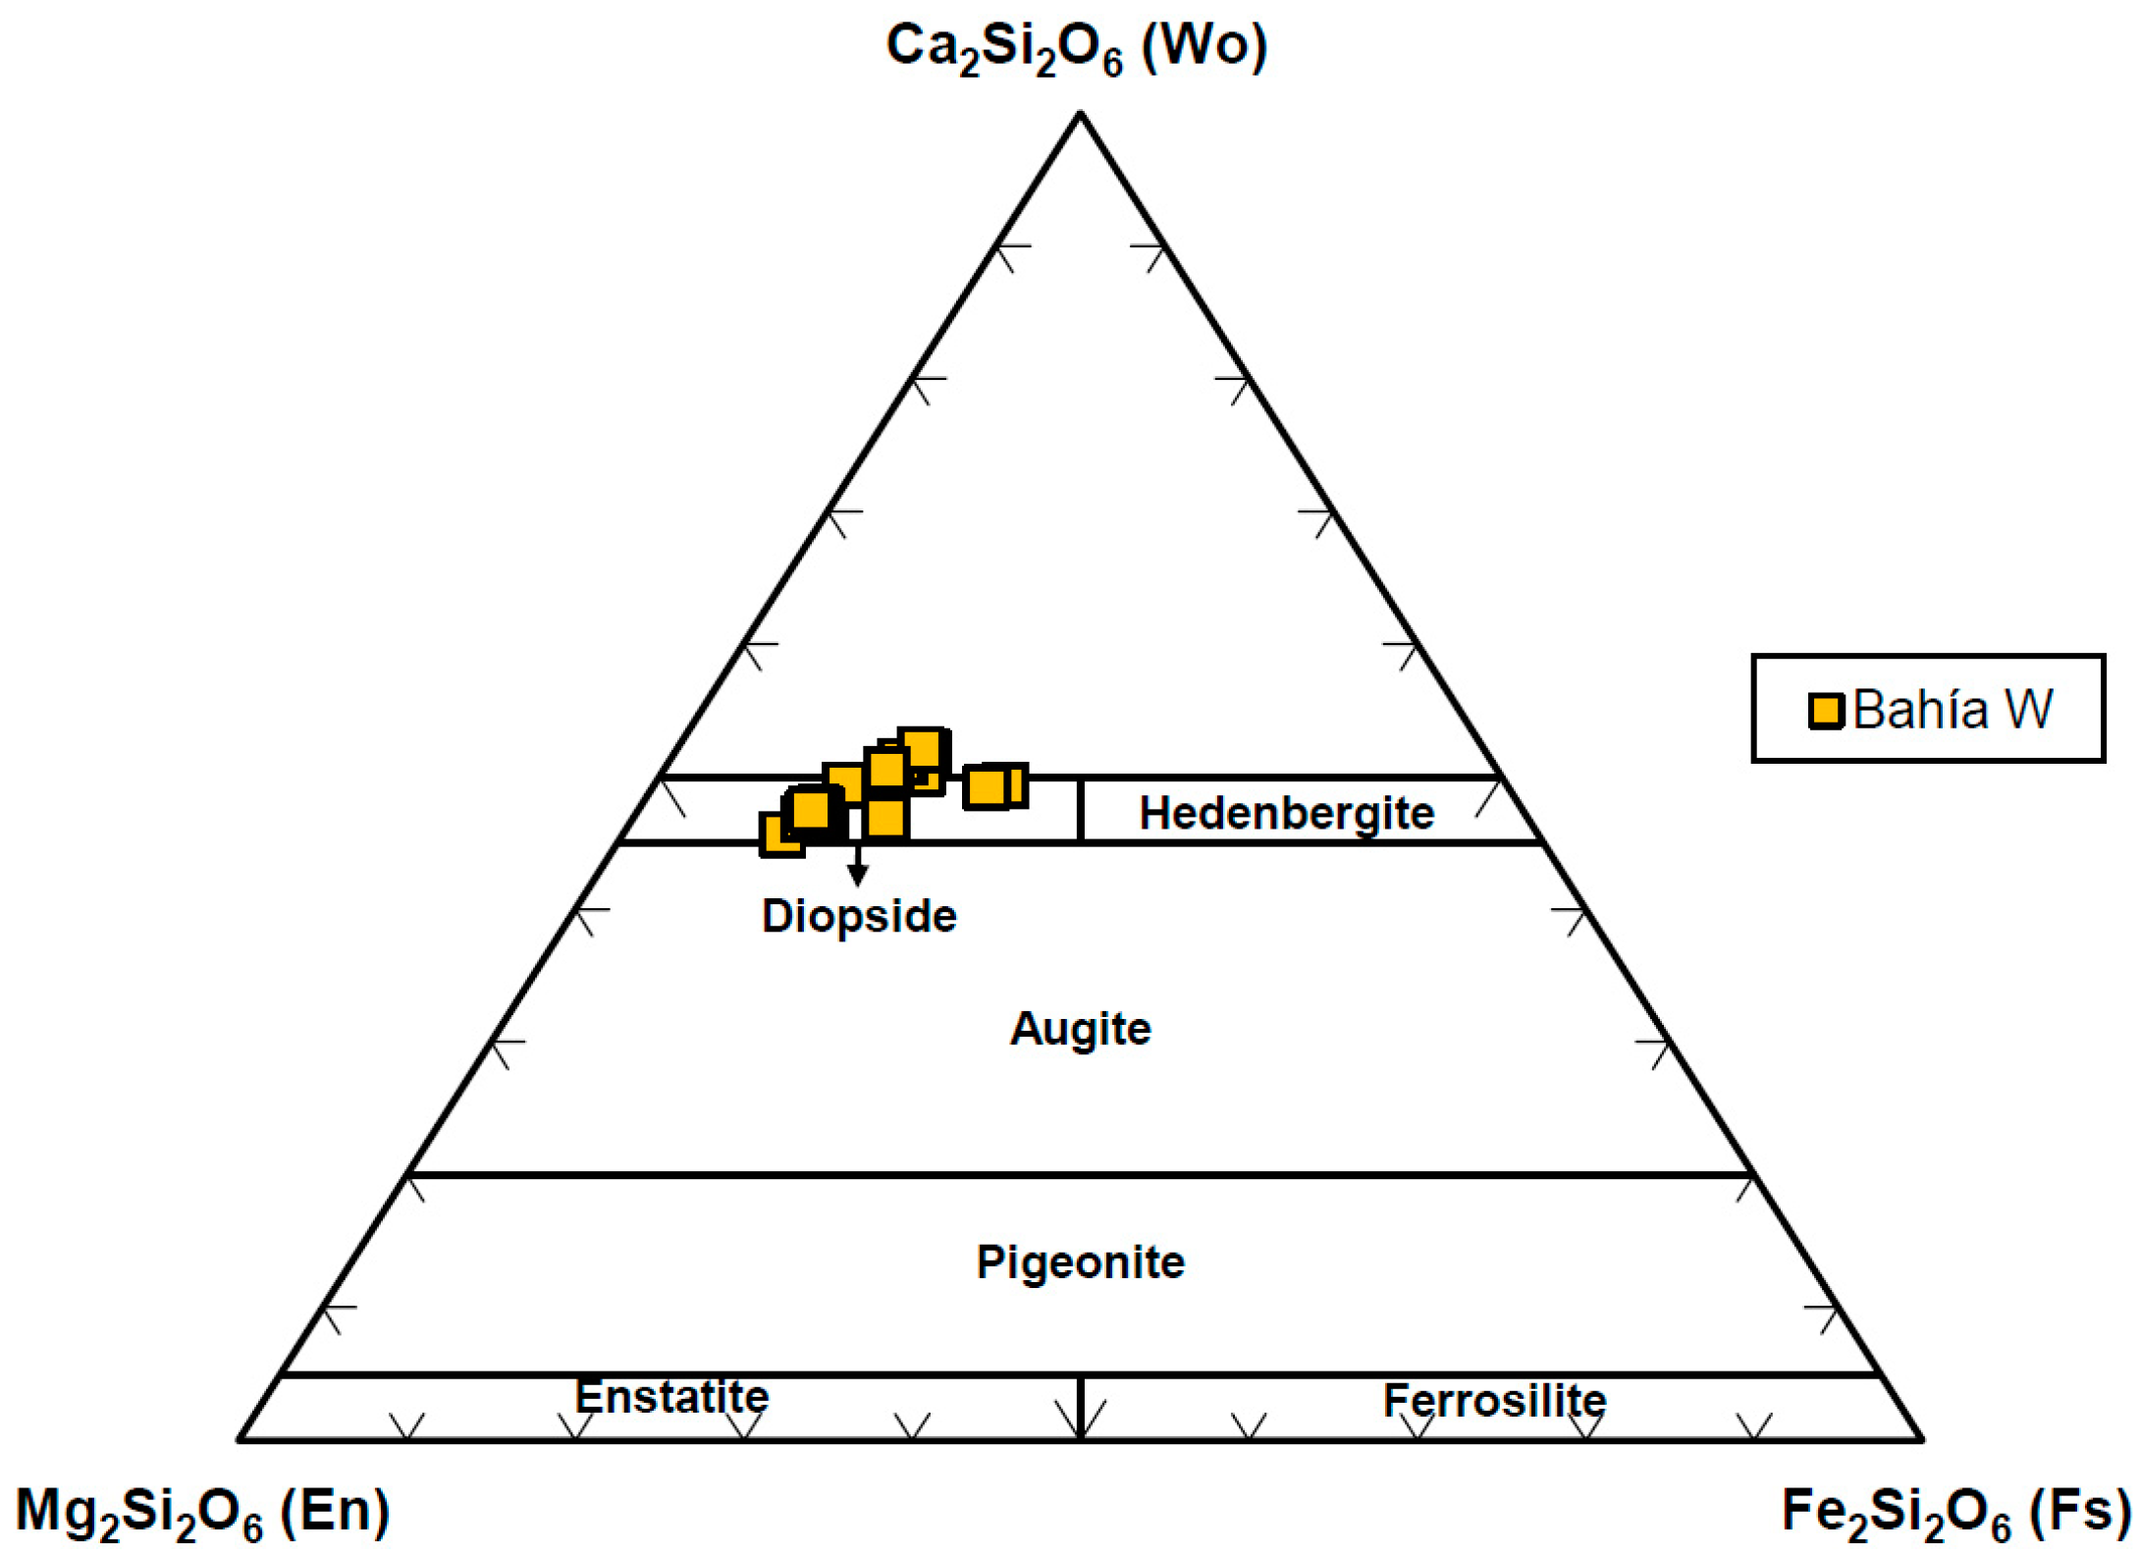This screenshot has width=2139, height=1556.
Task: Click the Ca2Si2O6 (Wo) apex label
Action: coord(1077,47)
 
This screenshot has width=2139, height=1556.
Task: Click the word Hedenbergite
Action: coord(1286,813)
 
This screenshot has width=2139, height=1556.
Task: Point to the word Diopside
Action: coord(859,916)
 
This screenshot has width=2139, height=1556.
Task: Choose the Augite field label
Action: coord(1080,1029)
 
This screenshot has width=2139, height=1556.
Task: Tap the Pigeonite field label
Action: coord(1080,1262)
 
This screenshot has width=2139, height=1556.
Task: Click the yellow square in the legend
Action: coord(1826,710)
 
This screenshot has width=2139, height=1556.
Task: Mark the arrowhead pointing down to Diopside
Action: coord(857,875)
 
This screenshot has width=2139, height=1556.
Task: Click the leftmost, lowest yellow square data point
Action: coord(782,834)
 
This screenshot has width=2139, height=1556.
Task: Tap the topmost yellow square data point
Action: coord(923,750)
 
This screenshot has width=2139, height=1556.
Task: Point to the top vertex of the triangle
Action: coord(1080,115)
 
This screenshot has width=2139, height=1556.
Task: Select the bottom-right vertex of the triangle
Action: coord(1921,1439)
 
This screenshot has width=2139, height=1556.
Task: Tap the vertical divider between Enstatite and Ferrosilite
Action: coord(1080,1408)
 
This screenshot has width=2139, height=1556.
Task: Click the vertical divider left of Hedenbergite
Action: coord(1080,810)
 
